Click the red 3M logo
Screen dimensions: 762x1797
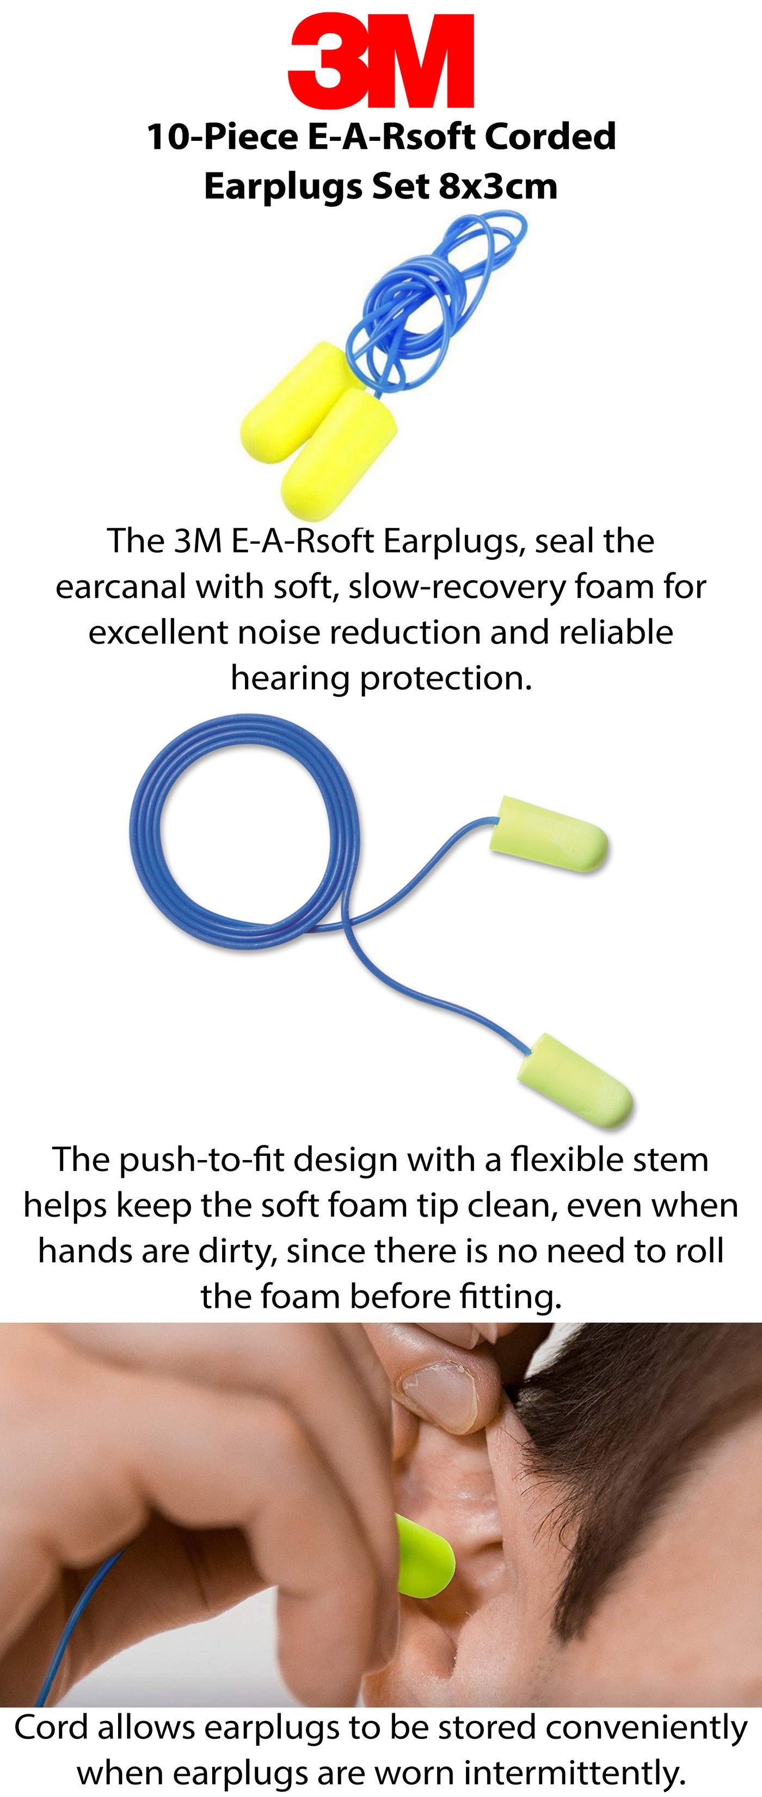tap(381, 61)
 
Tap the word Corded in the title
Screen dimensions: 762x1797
tap(551, 137)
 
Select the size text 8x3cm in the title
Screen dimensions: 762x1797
tap(498, 186)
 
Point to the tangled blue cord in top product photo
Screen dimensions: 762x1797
tap(433, 300)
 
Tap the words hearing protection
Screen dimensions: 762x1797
tap(381, 679)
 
